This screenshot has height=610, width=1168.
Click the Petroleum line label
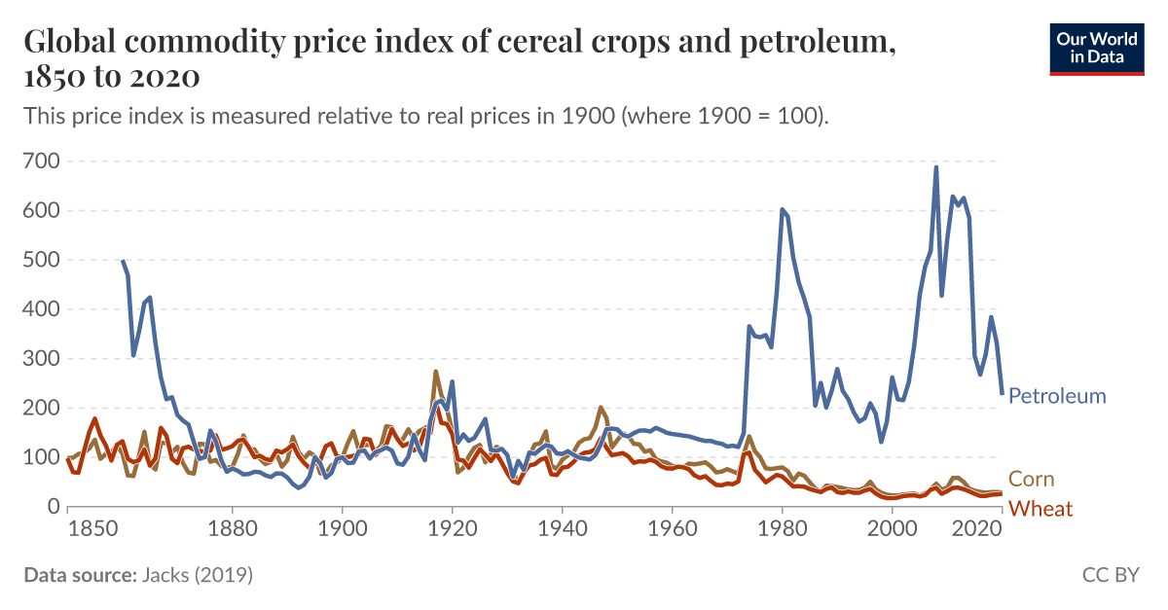pos(1057,396)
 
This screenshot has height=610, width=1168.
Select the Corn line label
pos(1031,479)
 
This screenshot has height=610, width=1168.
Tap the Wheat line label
pos(1040,509)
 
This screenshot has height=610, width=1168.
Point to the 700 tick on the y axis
pos(39,161)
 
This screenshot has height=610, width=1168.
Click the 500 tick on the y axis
pos(39,260)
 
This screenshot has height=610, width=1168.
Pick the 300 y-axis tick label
pos(39,358)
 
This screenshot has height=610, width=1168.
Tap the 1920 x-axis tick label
pos(452,532)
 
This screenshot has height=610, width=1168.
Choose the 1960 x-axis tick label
pos(672,532)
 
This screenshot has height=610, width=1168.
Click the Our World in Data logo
pos(1096,47)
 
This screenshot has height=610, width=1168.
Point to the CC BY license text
pos(1110,575)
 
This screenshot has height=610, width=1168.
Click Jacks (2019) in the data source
pos(198,575)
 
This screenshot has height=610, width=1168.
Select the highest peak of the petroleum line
pos(936,167)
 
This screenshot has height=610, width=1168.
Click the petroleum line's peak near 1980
pos(782,208)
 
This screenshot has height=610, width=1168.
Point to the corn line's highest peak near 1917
pos(435,371)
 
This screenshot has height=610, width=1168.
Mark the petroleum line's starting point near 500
pos(123,261)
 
